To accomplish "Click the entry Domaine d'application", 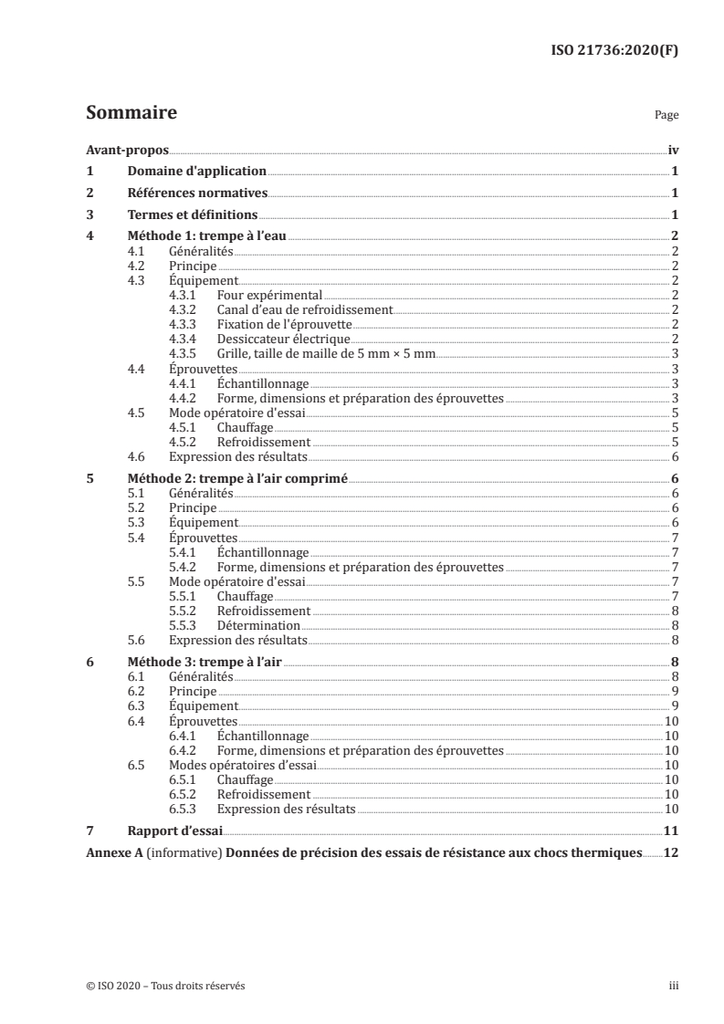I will pyautogui.click(x=196, y=171).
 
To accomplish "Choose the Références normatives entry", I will pyautogui.click(x=196, y=193).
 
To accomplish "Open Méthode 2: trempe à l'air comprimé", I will pyautogui.click(x=236, y=478).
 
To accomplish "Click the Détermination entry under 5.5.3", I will pyautogui.click(x=258, y=626).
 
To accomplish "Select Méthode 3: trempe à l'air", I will pyautogui.click(x=205, y=662).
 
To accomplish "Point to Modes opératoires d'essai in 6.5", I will pyautogui.click(x=241, y=765).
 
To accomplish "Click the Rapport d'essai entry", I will pyautogui.click(x=174, y=831).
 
